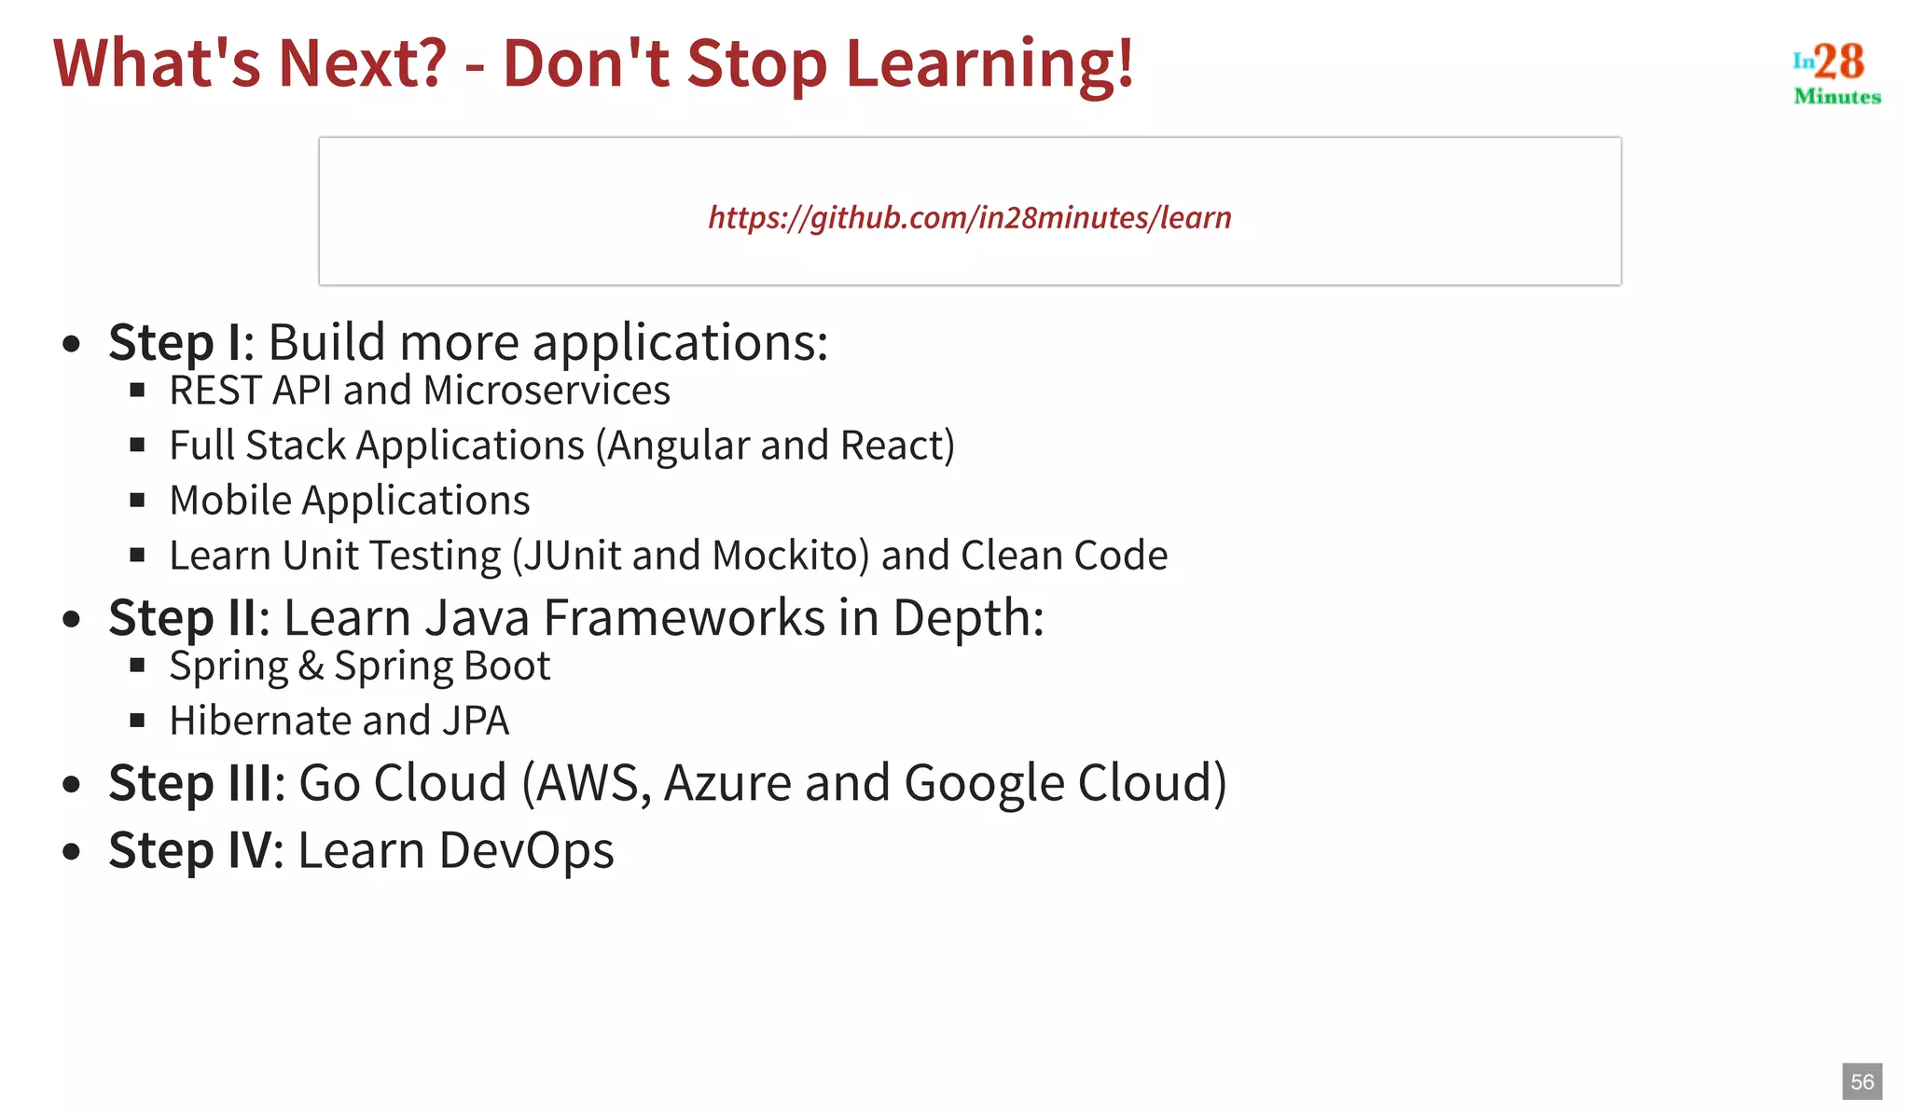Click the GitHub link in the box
tap(969, 217)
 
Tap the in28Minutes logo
tap(1836, 73)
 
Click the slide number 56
tap(1862, 1081)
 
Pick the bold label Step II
tap(182, 617)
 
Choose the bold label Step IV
tap(191, 850)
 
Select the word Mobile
tap(230, 501)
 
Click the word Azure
tap(727, 782)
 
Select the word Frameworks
tap(685, 617)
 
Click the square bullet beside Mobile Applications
tap(138, 501)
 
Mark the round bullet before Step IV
tap(72, 851)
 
